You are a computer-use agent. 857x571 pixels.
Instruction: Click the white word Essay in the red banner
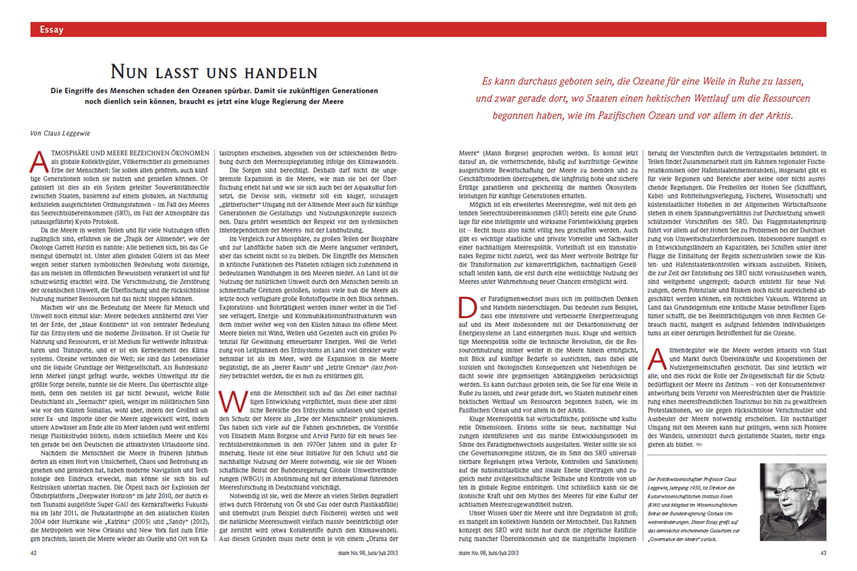(52, 29)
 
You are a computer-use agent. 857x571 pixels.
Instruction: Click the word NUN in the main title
(129, 73)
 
